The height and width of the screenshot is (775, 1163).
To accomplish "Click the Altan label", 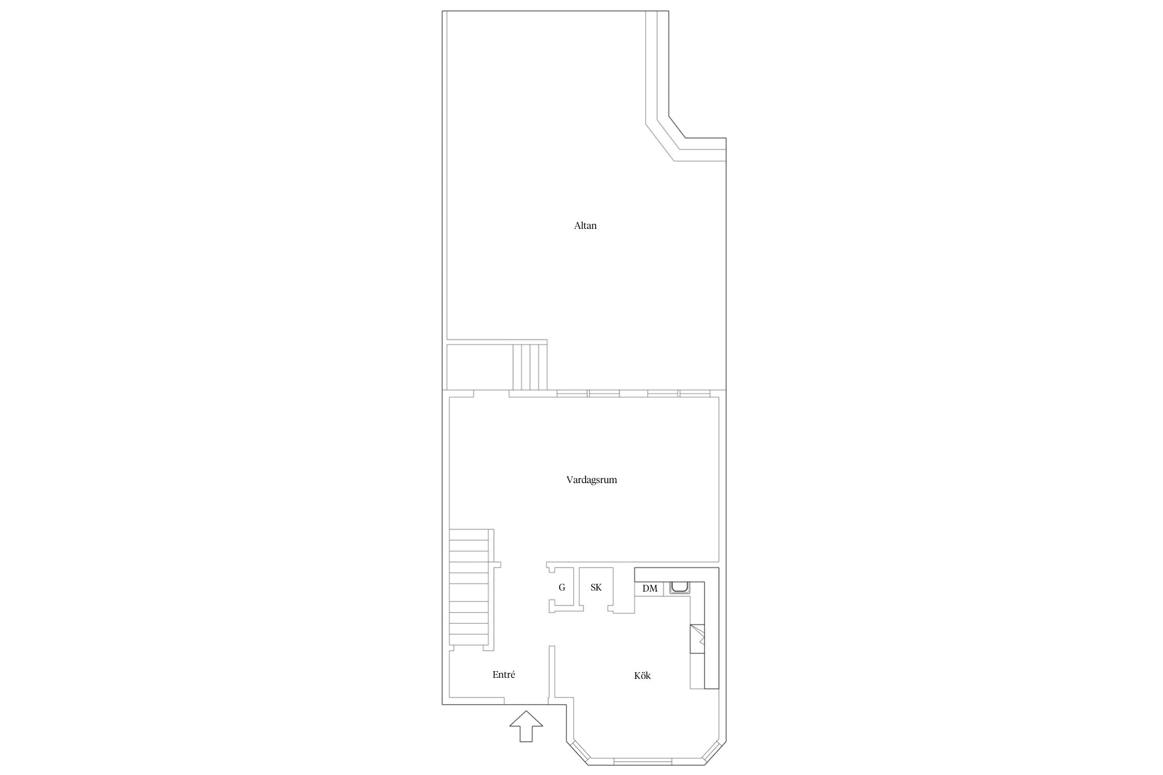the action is click(585, 226).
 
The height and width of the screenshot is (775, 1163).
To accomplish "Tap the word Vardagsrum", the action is click(591, 480).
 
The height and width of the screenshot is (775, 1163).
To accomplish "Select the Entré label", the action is click(503, 675).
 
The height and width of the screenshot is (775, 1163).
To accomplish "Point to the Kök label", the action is click(642, 675).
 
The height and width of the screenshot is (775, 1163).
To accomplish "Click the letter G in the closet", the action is click(562, 587).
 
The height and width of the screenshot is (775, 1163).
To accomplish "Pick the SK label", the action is click(596, 587).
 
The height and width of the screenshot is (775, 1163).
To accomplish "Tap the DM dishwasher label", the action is click(650, 588).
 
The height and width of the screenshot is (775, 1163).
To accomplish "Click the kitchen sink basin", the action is click(679, 587).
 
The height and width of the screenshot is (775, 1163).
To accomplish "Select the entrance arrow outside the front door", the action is click(526, 726).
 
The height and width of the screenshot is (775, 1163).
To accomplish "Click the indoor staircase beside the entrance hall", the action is click(469, 589).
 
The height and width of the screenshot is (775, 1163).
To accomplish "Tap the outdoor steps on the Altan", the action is click(530, 367).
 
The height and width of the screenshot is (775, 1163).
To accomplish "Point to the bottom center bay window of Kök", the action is click(643, 761).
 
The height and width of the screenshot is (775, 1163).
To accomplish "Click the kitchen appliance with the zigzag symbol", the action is click(697, 639).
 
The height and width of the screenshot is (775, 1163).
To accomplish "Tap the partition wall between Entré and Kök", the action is click(552, 674).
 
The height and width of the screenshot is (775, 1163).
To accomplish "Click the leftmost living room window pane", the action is click(572, 394).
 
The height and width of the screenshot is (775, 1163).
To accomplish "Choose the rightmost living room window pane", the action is click(694, 394).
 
